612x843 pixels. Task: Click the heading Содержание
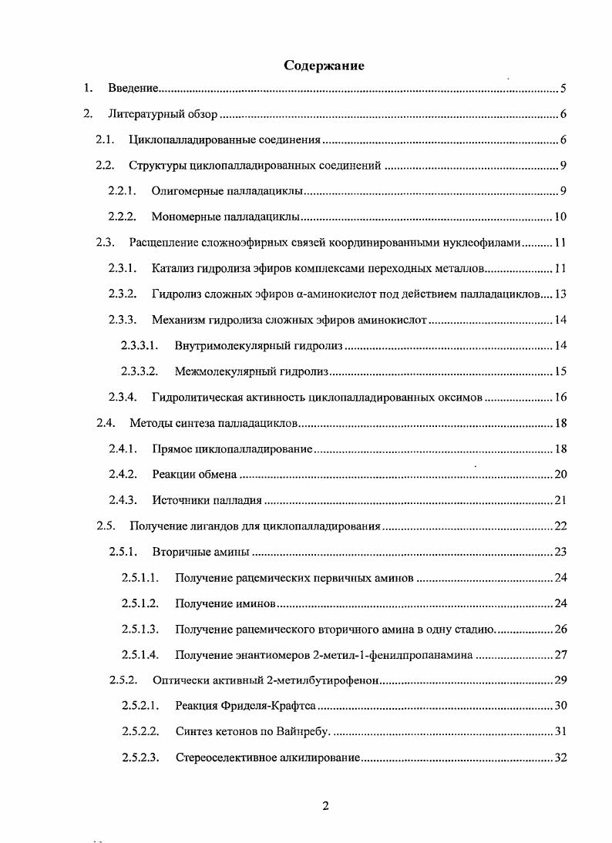324,65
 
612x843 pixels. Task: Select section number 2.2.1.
122,191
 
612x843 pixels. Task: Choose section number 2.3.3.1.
140,346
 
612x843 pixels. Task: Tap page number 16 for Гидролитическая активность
560,398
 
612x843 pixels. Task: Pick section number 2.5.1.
122,552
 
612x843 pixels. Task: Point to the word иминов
257,603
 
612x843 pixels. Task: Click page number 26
560,629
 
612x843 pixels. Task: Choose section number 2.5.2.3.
140,757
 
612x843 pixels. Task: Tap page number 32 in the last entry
560,757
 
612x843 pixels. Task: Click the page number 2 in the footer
325,806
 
